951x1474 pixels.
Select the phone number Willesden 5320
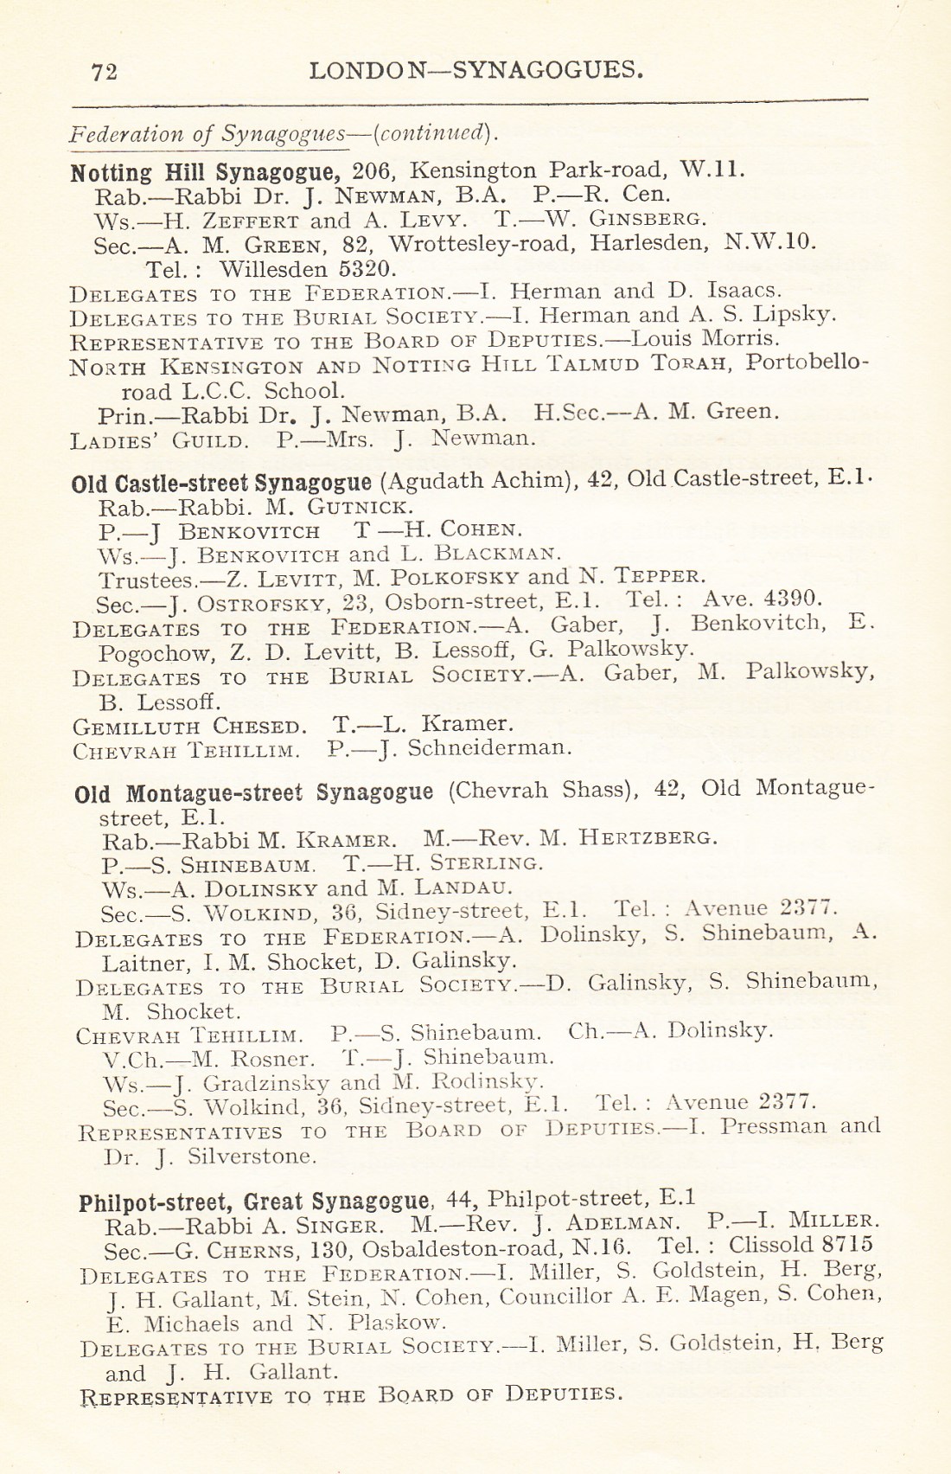pyautogui.click(x=307, y=269)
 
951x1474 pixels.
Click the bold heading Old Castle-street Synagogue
pyautogui.click(x=221, y=483)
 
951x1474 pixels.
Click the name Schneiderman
pyautogui.click(x=488, y=748)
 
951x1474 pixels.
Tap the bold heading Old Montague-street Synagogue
pyautogui.click(x=253, y=793)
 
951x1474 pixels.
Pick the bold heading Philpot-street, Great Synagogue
pyautogui.click(x=254, y=1202)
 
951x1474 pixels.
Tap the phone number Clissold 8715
pyautogui.click(x=800, y=1246)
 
